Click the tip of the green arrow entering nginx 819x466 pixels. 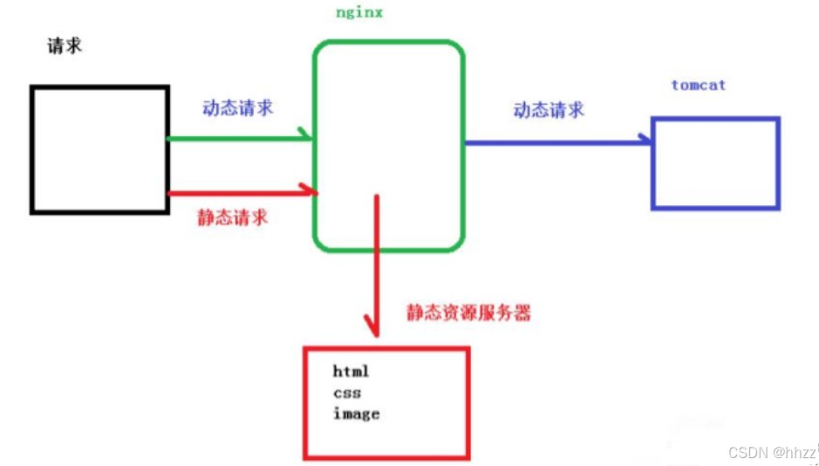pos(312,139)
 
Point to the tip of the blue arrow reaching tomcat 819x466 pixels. pos(651,141)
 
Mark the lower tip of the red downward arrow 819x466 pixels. pos(374,336)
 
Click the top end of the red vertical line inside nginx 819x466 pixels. pos(376,195)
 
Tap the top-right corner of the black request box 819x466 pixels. pos(167,87)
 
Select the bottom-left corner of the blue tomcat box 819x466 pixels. pos(653,209)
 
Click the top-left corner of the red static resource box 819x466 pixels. pos(305,348)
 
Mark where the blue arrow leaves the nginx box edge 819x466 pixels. pos(464,142)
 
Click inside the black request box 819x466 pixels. pos(99,150)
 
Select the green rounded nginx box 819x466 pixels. pos(389,146)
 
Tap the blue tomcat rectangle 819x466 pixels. pos(715,163)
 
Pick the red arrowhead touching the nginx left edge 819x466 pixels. pos(308,189)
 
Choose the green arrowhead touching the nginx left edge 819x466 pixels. pos(304,134)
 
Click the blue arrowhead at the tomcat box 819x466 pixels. pos(645,139)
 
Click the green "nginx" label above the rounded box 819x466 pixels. pos(359,12)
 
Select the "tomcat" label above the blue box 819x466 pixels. pos(699,86)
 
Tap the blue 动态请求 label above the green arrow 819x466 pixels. pos(237,107)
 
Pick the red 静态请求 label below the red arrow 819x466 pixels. pos(232,216)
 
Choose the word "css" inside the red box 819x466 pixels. pos(347,393)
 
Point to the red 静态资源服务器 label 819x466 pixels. pos(468,312)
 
